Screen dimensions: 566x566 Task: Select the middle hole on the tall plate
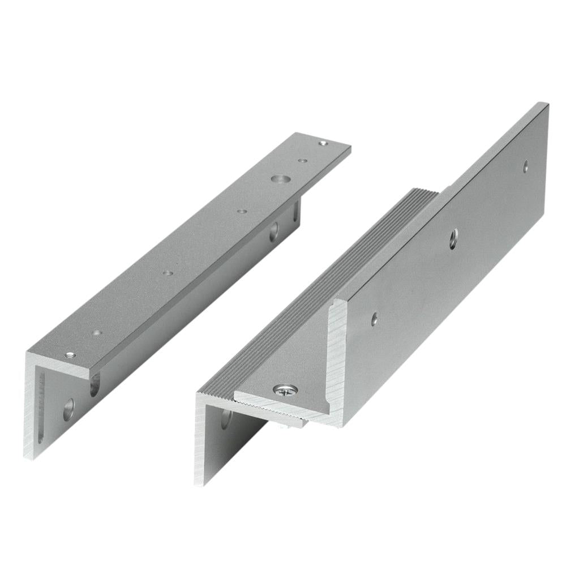tap(453, 239)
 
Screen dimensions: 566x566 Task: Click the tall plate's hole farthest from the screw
tap(526, 166)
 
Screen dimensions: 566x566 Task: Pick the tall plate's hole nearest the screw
tap(374, 319)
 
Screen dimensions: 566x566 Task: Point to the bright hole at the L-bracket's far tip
tap(323, 144)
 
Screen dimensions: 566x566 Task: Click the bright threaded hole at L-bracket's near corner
tap(70, 355)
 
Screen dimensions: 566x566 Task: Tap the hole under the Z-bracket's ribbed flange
tap(227, 419)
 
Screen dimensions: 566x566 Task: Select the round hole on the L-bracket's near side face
tap(68, 409)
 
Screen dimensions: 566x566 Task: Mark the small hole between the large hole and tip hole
tap(303, 161)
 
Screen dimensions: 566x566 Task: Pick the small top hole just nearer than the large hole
tap(242, 211)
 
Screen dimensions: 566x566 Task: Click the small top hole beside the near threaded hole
tap(97, 333)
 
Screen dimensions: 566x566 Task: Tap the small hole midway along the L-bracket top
tap(168, 273)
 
